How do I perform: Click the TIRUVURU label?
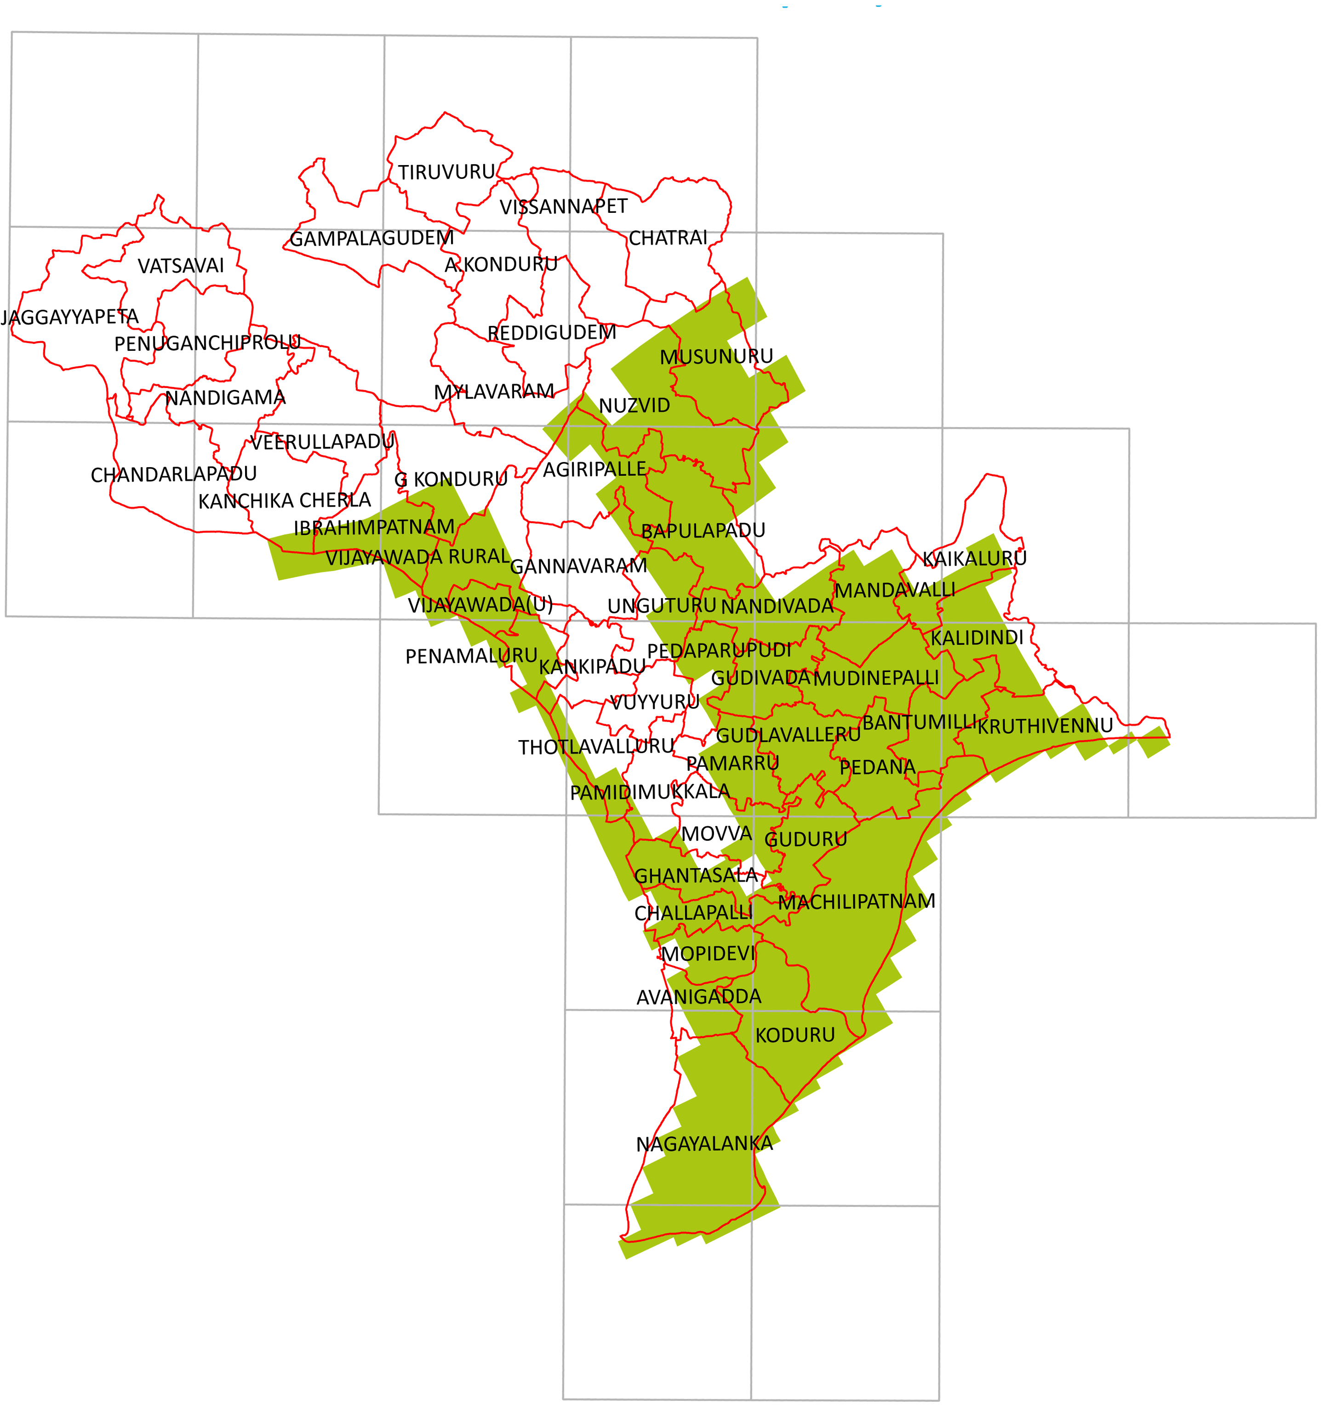pyautogui.click(x=446, y=172)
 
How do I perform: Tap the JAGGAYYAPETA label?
pyautogui.click(x=70, y=317)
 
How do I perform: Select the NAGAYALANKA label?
pyautogui.click(x=704, y=1144)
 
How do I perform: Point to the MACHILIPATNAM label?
pyautogui.click(x=856, y=902)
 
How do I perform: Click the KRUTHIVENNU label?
pyautogui.click(x=1044, y=726)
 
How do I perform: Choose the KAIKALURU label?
pyautogui.click(x=974, y=559)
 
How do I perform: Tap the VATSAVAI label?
pyautogui.click(x=181, y=266)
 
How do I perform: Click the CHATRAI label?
pyautogui.click(x=668, y=238)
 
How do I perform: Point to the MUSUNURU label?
pyautogui.click(x=716, y=357)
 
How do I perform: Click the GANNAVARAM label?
pyautogui.click(x=578, y=566)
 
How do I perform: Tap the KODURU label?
pyautogui.click(x=795, y=1035)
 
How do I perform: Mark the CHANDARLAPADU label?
pyautogui.click(x=174, y=474)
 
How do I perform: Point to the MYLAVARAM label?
pyautogui.click(x=494, y=392)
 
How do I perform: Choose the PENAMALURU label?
pyautogui.click(x=471, y=656)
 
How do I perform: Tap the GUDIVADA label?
pyautogui.click(x=761, y=678)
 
